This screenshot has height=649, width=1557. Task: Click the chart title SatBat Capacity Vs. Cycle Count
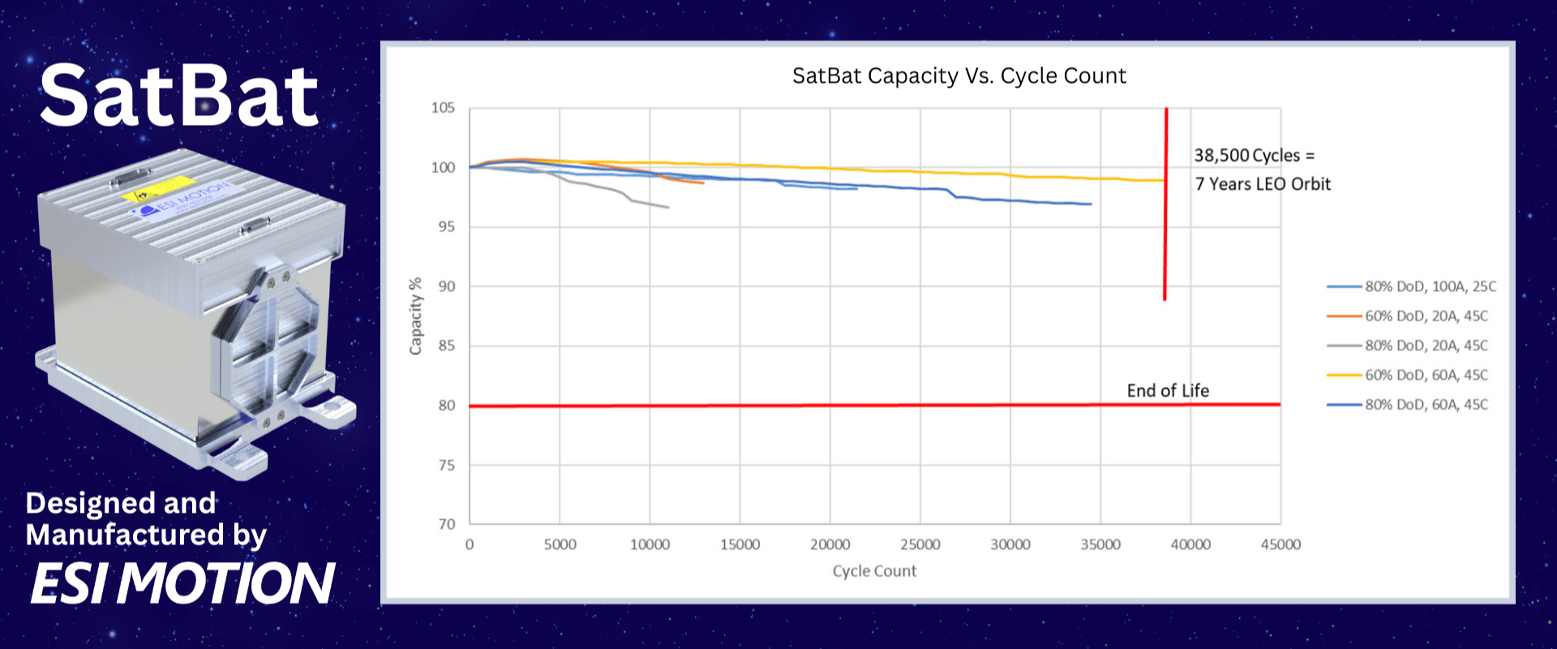[x=959, y=75]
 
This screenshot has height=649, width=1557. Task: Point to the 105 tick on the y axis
[x=443, y=108]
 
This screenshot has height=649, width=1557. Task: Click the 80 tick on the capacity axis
[x=447, y=406]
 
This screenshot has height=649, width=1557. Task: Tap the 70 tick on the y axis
[x=447, y=524]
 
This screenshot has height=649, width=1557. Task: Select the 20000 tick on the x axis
[x=830, y=544]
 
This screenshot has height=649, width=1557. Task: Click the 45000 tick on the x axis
[x=1280, y=544]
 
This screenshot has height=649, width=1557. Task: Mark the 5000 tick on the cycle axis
[x=560, y=544]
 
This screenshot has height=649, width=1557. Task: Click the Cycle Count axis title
[x=874, y=571]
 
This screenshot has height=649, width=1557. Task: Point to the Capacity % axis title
[x=416, y=316]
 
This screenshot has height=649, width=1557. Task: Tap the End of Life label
[x=1168, y=391]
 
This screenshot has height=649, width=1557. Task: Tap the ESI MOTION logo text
[x=182, y=583]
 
